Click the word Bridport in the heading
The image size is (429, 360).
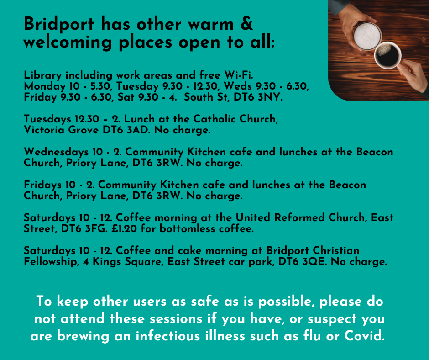pos(59,24)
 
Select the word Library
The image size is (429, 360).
pos(42,75)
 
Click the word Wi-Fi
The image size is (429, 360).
pos(239,75)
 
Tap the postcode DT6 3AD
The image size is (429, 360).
pos(126,130)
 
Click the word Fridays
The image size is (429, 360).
pos(42,185)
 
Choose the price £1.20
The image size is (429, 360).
pos(124,228)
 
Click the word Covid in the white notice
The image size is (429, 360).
pos(365,336)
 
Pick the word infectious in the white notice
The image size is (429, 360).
pos(167,336)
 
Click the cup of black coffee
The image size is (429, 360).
pos(387,55)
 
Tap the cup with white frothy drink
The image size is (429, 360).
pos(367,36)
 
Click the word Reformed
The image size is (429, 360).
pos(299,217)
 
